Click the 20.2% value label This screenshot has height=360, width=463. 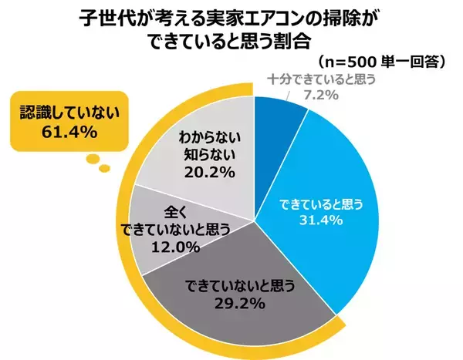click(x=204, y=172)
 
